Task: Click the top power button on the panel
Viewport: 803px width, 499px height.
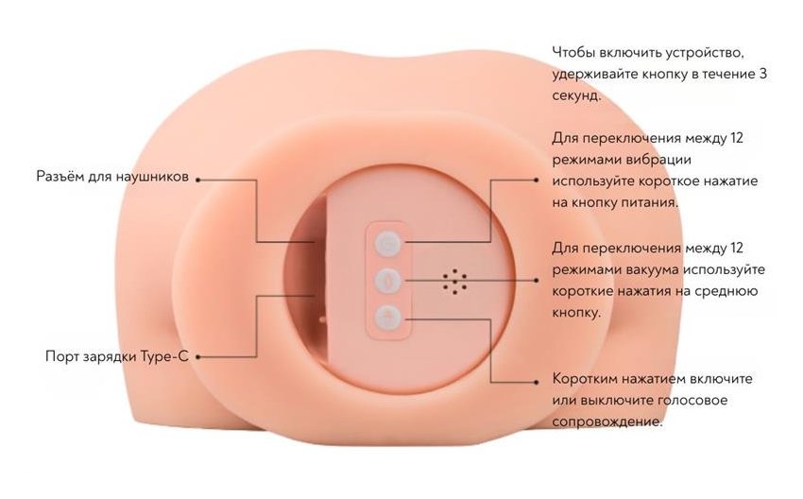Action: coord(387,243)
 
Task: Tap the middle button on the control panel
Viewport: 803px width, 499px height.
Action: coord(387,281)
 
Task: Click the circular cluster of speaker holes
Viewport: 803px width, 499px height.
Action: coord(454,282)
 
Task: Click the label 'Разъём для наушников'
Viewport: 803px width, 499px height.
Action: coord(112,177)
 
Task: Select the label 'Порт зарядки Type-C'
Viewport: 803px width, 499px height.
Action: coord(117,356)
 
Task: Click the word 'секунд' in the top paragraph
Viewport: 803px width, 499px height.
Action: coord(574,95)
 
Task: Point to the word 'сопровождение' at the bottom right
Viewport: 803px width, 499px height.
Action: coord(606,422)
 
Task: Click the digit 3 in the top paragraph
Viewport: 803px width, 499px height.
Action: coord(762,74)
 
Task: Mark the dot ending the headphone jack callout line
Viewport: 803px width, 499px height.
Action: coord(197,180)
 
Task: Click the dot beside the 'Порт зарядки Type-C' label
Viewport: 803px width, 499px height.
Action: coord(197,357)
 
